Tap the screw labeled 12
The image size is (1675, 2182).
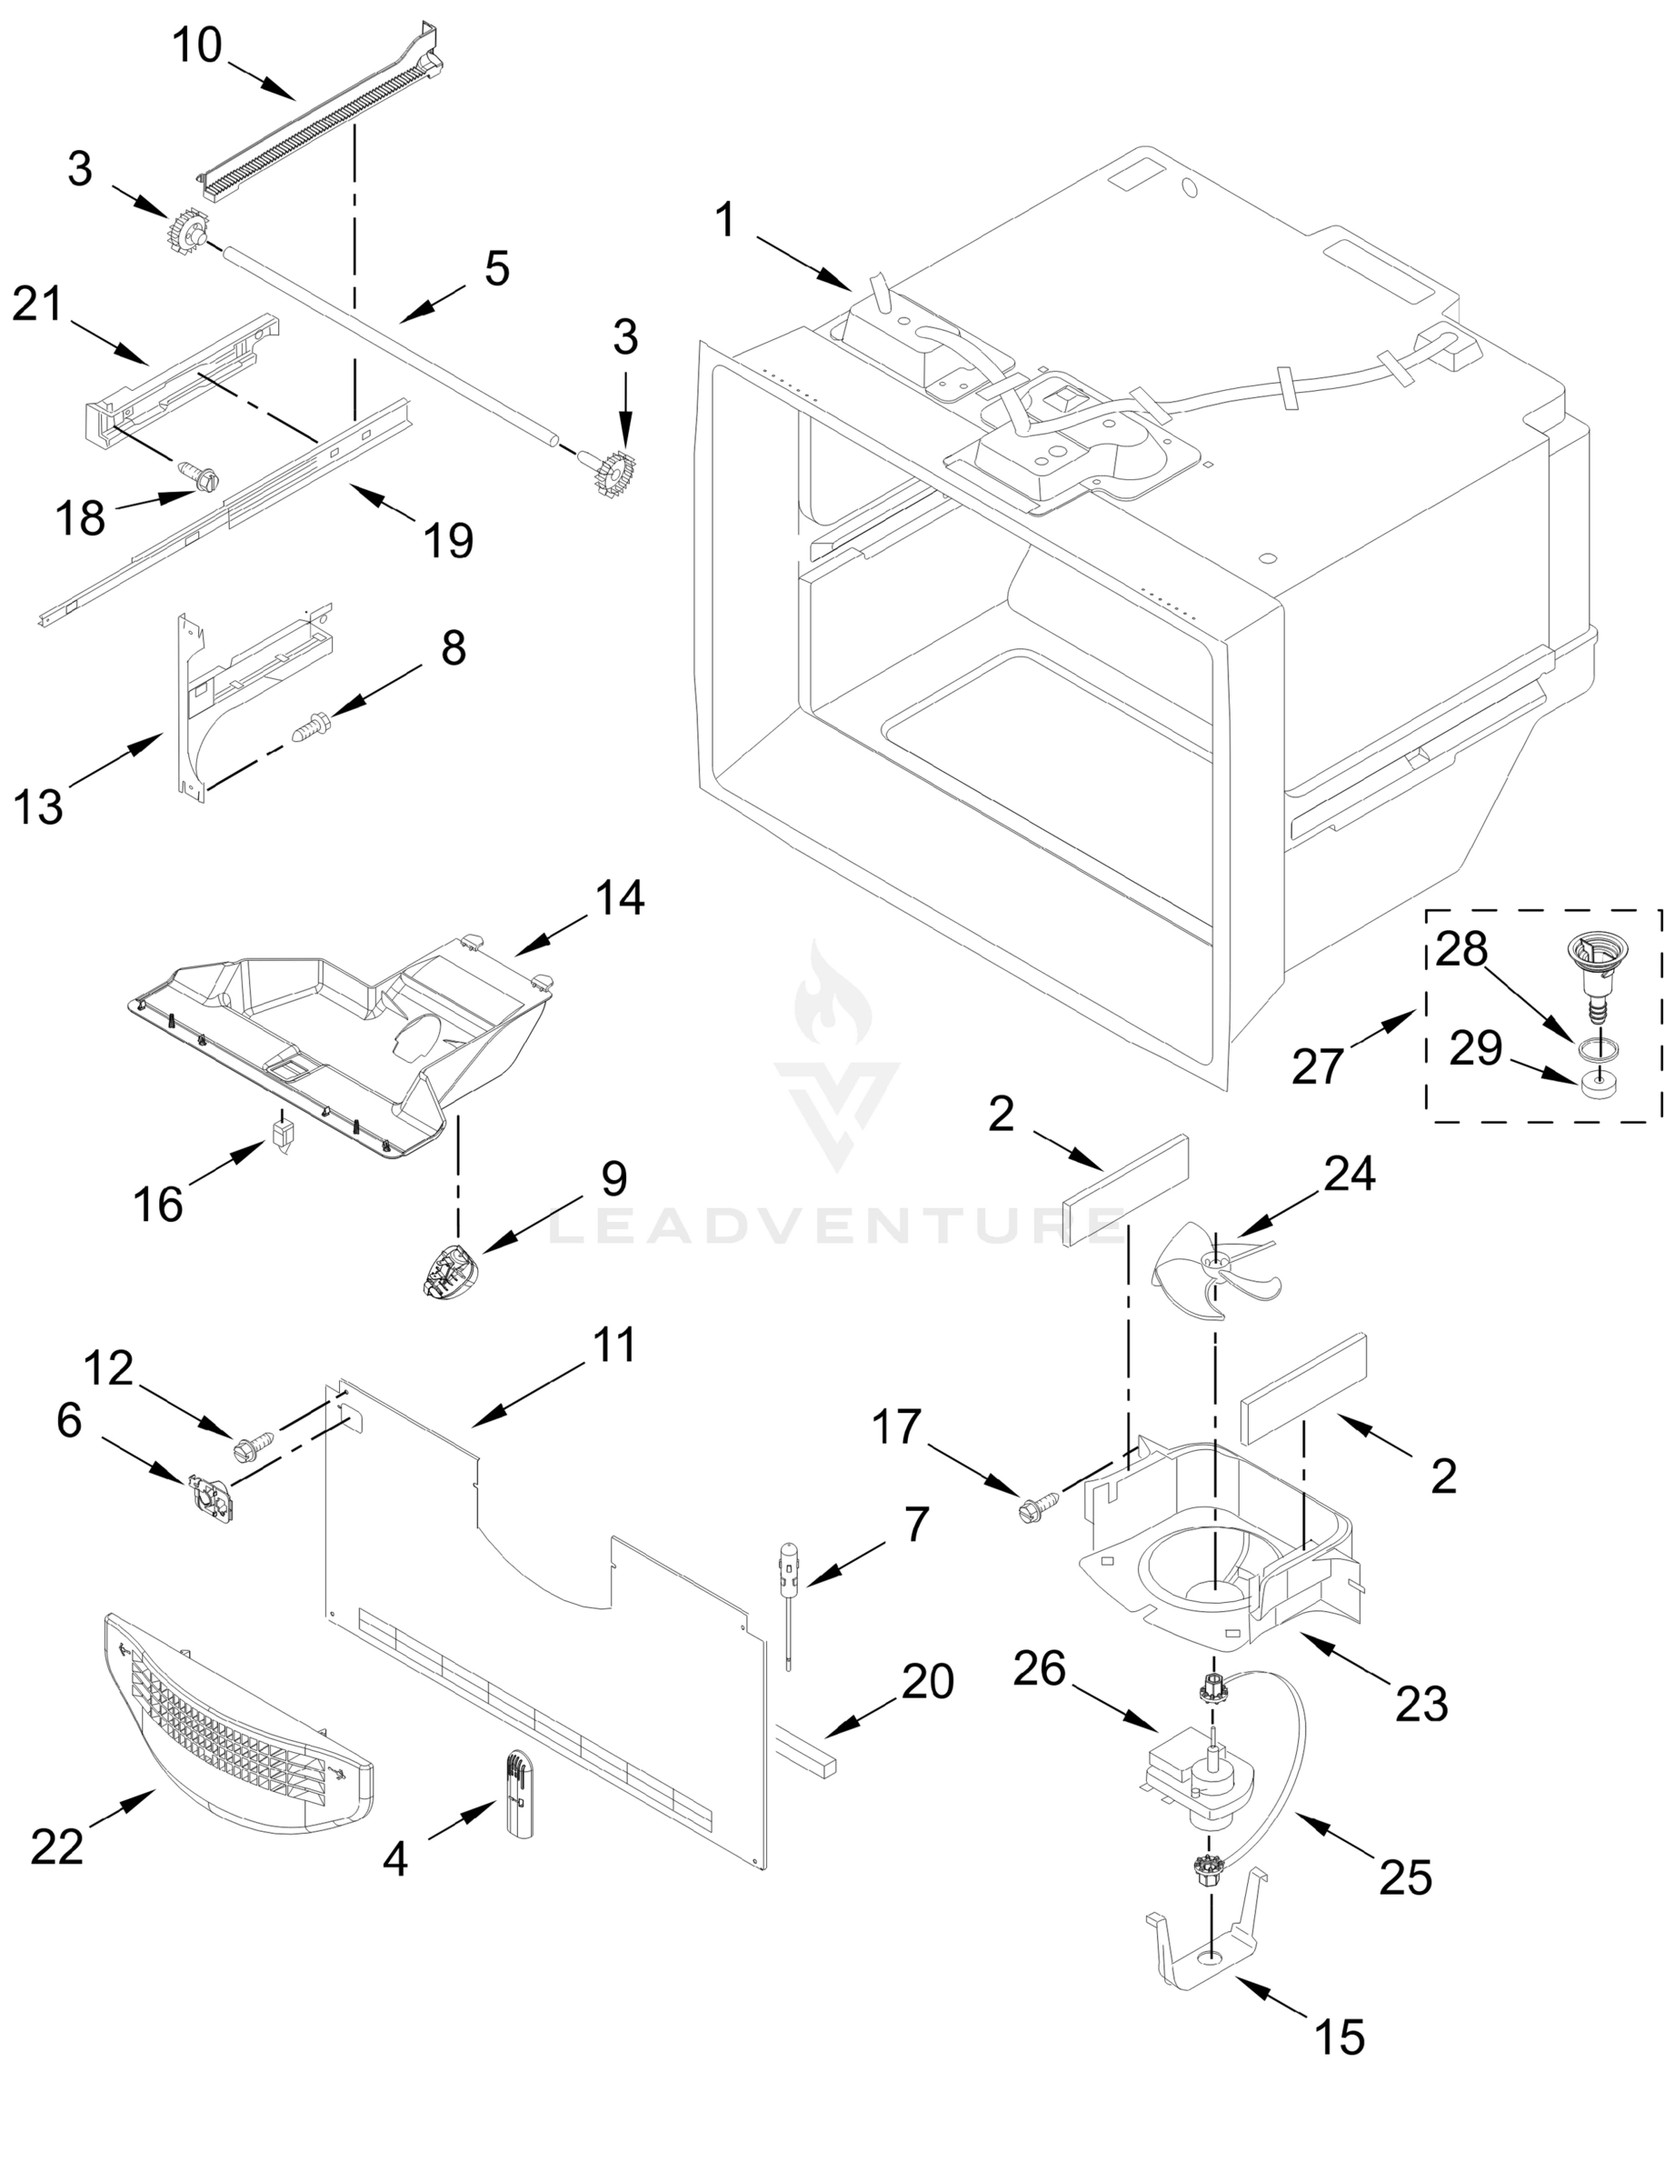click(254, 1445)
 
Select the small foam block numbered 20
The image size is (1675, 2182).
click(803, 1750)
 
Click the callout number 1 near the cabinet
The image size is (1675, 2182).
click(725, 219)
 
